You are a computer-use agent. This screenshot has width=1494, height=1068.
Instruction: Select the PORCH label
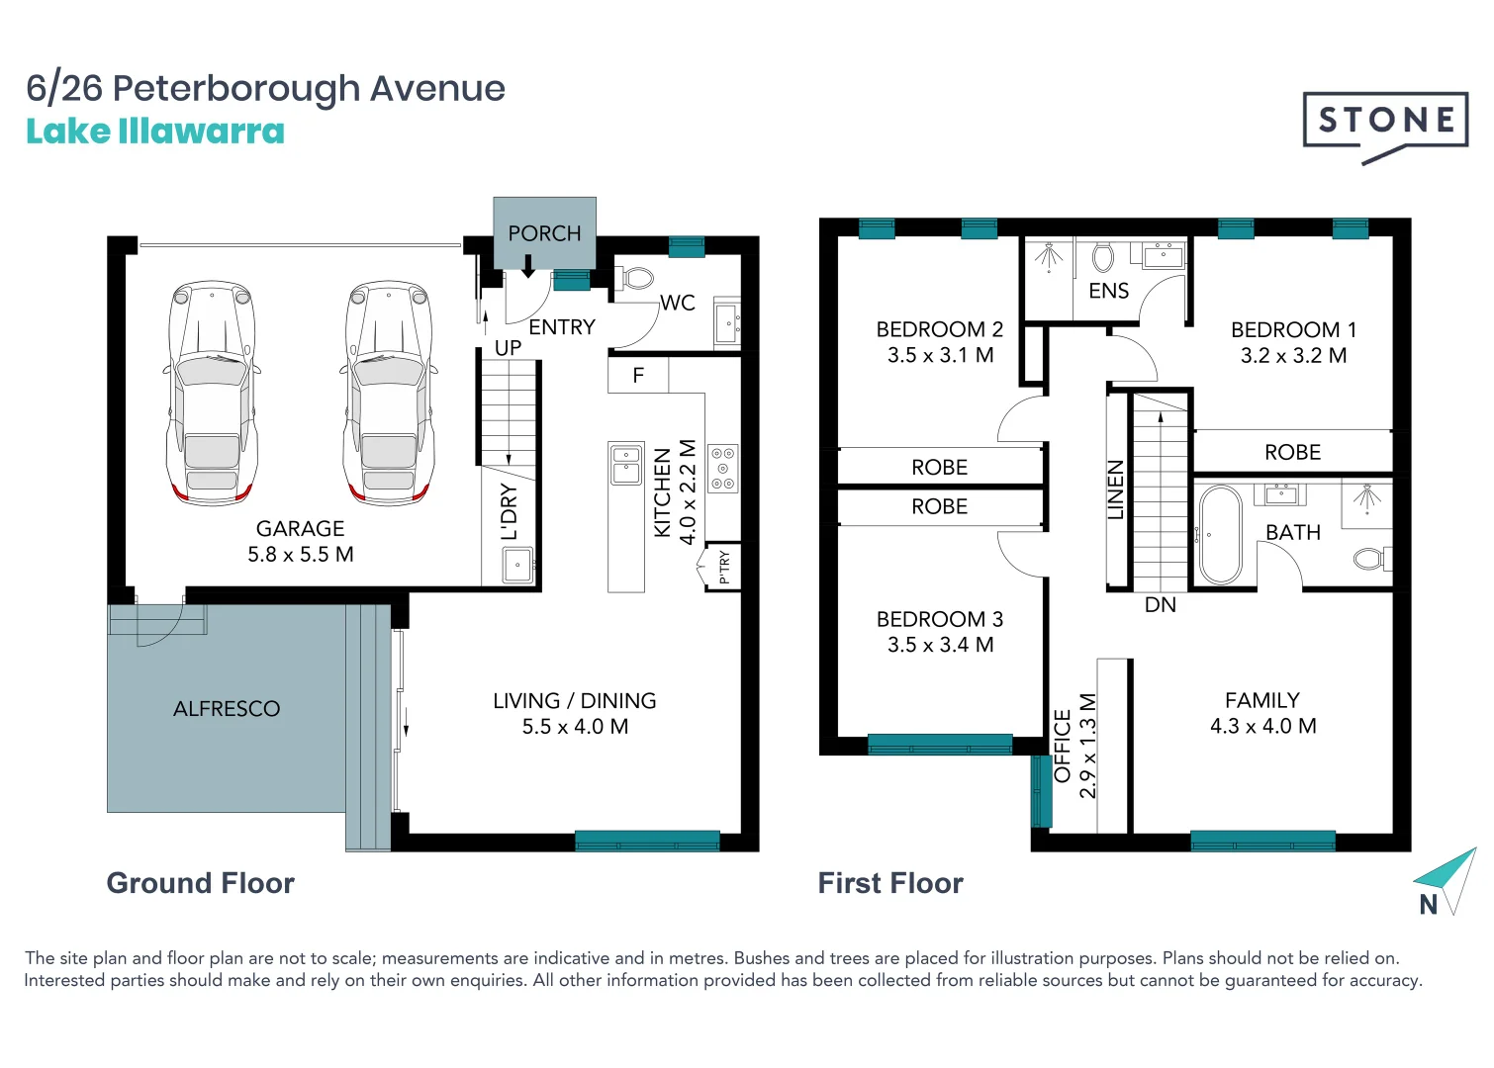[544, 233]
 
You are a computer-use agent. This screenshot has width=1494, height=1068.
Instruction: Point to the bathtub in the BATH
[1220, 535]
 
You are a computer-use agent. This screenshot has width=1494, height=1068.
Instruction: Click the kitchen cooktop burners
[723, 468]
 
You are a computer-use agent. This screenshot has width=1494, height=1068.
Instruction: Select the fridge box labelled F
[638, 376]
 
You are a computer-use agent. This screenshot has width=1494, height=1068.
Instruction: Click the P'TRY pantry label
[724, 568]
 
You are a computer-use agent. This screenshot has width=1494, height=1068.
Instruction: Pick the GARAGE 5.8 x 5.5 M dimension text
[301, 555]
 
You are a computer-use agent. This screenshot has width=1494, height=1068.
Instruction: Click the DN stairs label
[1160, 605]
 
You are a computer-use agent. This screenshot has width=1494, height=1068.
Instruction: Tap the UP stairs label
[508, 348]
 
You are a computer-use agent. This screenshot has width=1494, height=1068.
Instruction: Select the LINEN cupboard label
[1116, 489]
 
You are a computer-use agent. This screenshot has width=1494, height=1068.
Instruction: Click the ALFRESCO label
[227, 709]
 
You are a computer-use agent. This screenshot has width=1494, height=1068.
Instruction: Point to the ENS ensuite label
[1108, 291]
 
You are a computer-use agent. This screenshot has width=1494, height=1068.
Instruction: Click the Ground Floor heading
[201, 883]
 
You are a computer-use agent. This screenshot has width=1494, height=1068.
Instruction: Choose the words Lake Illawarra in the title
[155, 132]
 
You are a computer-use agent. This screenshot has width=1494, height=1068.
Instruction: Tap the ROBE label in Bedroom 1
[1292, 452]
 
